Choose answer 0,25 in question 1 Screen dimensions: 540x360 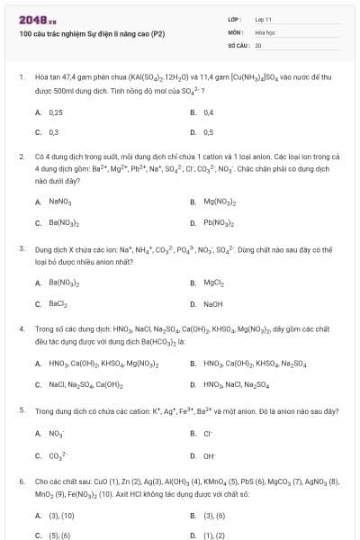point(55,112)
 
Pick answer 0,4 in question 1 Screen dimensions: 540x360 point(208,112)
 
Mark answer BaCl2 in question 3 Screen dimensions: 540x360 point(58,304)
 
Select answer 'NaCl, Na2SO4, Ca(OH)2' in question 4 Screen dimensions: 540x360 point(85,385)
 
